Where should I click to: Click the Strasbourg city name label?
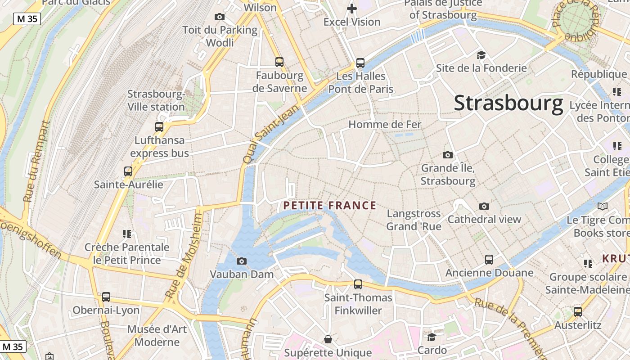(508, 103)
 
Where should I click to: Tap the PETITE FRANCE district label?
(329, 206)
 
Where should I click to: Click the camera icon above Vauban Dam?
(242, 261)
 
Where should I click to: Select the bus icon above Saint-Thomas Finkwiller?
(358, 284)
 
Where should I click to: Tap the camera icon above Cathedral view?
(484, 206)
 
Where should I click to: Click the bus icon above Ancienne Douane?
(489, 259)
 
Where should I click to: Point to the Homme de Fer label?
(385, 124)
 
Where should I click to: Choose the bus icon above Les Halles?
(360, 63)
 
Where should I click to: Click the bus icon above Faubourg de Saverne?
(279, 62)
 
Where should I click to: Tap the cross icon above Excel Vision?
(352, 8)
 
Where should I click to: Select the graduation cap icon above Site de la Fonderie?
(481, 55)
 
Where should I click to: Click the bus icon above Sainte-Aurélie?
(128, 171)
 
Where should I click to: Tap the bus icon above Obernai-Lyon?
(106, 297)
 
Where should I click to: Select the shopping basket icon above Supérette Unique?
(328, 339)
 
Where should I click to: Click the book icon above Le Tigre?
(602, 207)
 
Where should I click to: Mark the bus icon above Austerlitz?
(578, 311)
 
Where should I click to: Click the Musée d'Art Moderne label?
(157, 335)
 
